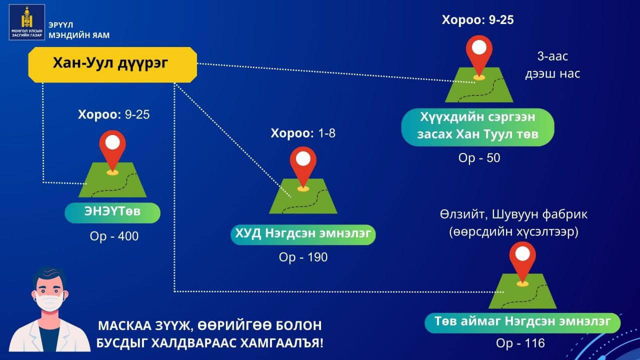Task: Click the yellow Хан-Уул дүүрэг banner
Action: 112,65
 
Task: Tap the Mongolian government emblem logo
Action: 27,22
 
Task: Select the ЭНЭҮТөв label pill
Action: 112,212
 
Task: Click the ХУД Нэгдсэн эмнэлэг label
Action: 303,234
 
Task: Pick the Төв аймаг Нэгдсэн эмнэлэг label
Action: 522,323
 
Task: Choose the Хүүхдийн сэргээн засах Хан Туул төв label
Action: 477,127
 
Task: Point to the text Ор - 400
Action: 114,236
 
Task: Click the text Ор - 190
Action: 303,257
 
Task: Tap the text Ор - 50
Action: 479,158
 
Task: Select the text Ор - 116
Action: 520,343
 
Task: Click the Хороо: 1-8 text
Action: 303,133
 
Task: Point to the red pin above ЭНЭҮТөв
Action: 112,151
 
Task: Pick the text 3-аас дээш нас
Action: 552,65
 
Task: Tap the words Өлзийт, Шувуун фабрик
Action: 513,215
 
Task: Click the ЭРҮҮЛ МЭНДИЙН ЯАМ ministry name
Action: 79,30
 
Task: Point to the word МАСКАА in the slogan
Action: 124,325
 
